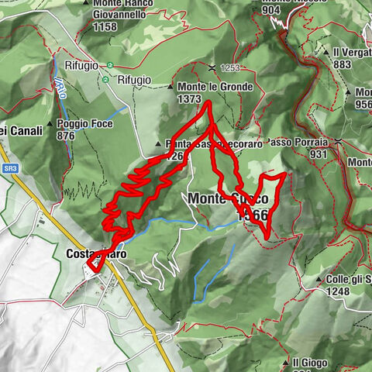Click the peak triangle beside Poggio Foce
(50, 123)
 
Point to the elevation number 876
(68, 135)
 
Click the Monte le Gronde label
(215, 88)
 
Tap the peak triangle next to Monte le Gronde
(171, 88)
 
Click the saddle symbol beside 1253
(212, 68)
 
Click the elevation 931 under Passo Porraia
(318, 155)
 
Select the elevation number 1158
(103, 27)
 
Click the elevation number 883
(343, 64)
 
